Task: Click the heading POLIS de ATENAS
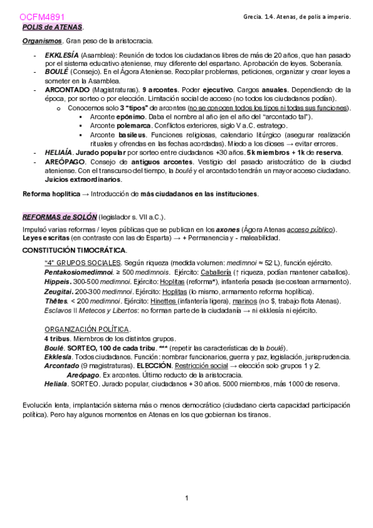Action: [52, 27]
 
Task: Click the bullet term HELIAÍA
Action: [60, 152]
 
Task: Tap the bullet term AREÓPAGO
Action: [64, 162]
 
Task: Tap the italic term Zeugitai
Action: [59, 291]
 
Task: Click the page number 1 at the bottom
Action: [186, 514]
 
